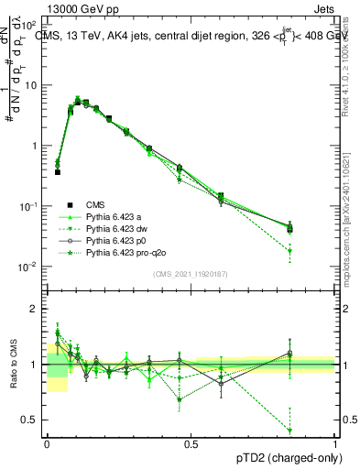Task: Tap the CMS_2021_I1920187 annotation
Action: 191,275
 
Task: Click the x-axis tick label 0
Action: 47,442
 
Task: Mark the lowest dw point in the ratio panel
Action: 290,430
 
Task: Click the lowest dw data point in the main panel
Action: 290,251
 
